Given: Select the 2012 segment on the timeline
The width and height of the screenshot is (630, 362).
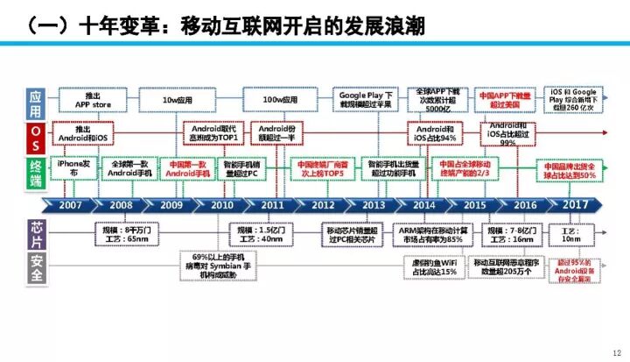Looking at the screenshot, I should [323, 205].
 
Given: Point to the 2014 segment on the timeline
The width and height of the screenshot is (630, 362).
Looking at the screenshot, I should [423, 205].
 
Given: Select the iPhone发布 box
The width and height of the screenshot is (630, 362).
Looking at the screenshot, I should [73, 168].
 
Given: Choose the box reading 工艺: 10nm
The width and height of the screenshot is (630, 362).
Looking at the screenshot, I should [571, 233].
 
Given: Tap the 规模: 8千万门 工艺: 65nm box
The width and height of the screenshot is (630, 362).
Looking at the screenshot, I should [124, 234].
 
